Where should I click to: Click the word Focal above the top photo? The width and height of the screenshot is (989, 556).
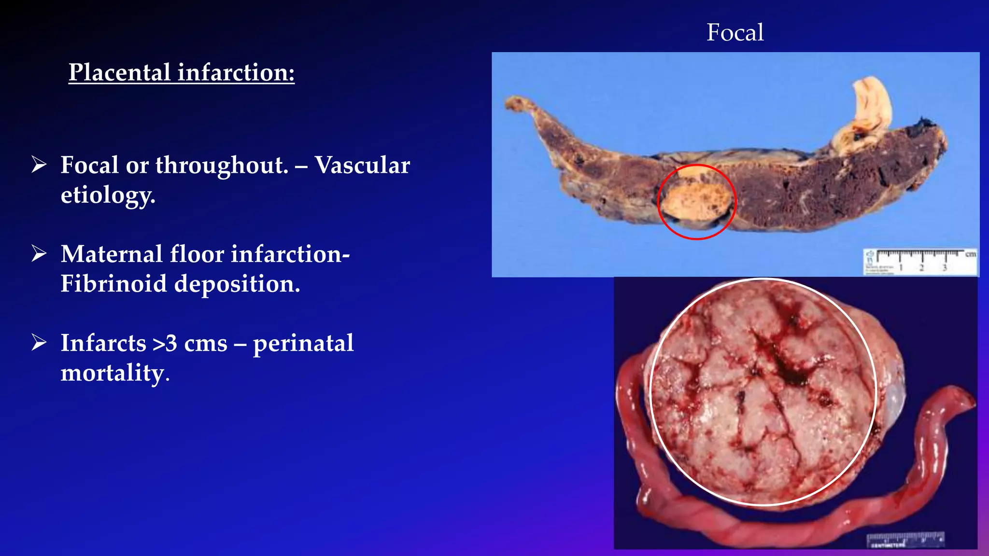735,33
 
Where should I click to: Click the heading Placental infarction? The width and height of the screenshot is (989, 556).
182,73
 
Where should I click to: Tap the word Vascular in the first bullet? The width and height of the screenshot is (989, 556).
362,166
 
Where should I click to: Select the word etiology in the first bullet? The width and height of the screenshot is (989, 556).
107,195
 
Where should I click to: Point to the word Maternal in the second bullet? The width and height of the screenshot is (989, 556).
112,254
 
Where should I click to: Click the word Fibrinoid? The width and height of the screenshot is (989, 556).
113,284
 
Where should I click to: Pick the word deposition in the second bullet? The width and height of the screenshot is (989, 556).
237,284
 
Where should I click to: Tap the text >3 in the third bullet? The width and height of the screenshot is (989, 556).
165,344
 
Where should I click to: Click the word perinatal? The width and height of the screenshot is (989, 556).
303,344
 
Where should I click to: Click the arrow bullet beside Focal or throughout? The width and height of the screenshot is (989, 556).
39,165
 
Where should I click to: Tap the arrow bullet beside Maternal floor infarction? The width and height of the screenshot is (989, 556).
39,253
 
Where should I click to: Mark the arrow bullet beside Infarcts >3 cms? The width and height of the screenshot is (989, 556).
39,343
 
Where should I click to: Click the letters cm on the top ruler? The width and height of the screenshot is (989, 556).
970,254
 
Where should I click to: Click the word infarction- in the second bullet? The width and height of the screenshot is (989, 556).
290,254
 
